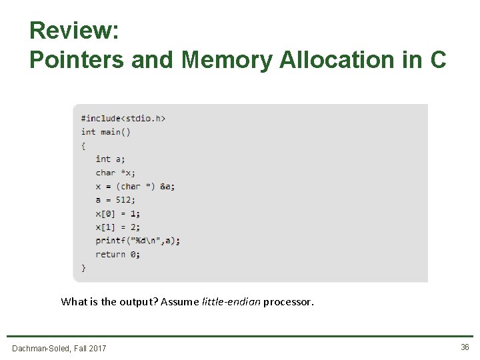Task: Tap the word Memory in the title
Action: click(227, 60)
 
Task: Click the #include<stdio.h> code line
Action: click(123, 118)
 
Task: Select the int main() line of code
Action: click(106, 131)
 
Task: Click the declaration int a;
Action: click(110, 159)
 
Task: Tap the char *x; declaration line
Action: click(115, 173)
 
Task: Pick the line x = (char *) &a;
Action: click(135, 186)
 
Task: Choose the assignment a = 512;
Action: click(115, 199)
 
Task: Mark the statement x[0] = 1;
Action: click(118, 213)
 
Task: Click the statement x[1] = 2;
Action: click(118, 227)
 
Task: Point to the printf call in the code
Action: click(137, 241)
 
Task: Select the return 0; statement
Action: click(118, 254)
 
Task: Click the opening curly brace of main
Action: click(83, 145)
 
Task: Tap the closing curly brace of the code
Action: click(83, 267)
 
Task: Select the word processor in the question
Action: click(288, 302)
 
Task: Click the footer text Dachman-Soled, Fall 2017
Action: click(59, 348)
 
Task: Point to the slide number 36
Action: click(464, 347)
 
